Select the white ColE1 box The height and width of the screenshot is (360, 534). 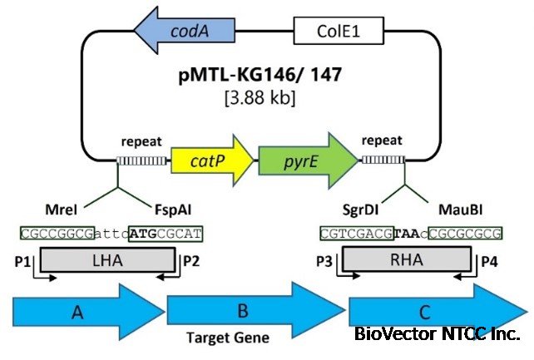coord(338,33)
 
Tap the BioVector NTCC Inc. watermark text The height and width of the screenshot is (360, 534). coord(437,334)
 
